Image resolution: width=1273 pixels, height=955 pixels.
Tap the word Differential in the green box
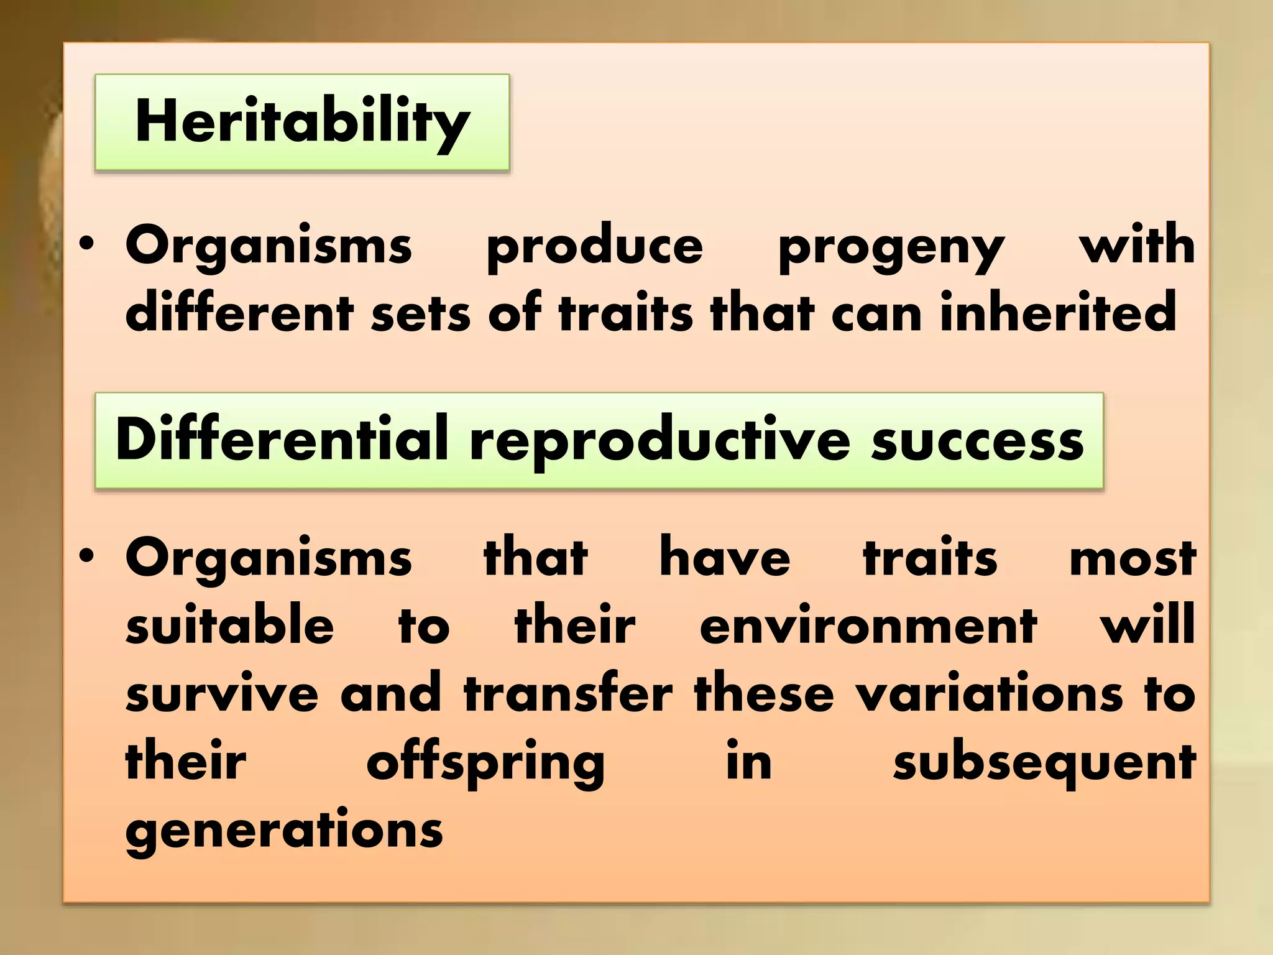click(x=282, y=439)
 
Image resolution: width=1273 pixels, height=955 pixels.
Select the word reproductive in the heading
click(x=660, y=441)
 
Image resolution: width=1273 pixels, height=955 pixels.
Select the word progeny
click(x=891, y=247)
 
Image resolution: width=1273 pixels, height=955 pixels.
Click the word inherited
click(x=1057, y=313)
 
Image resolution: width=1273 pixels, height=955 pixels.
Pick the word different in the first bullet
click(x=239, y=313)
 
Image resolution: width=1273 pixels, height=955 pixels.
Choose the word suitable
click(x=229, y=625)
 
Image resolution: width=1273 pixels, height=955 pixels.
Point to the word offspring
click(x=485, y=764)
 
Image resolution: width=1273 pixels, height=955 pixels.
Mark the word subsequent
click(x=1044, y=764)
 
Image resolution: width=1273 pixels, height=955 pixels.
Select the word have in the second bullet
click(x=725, y=557)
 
